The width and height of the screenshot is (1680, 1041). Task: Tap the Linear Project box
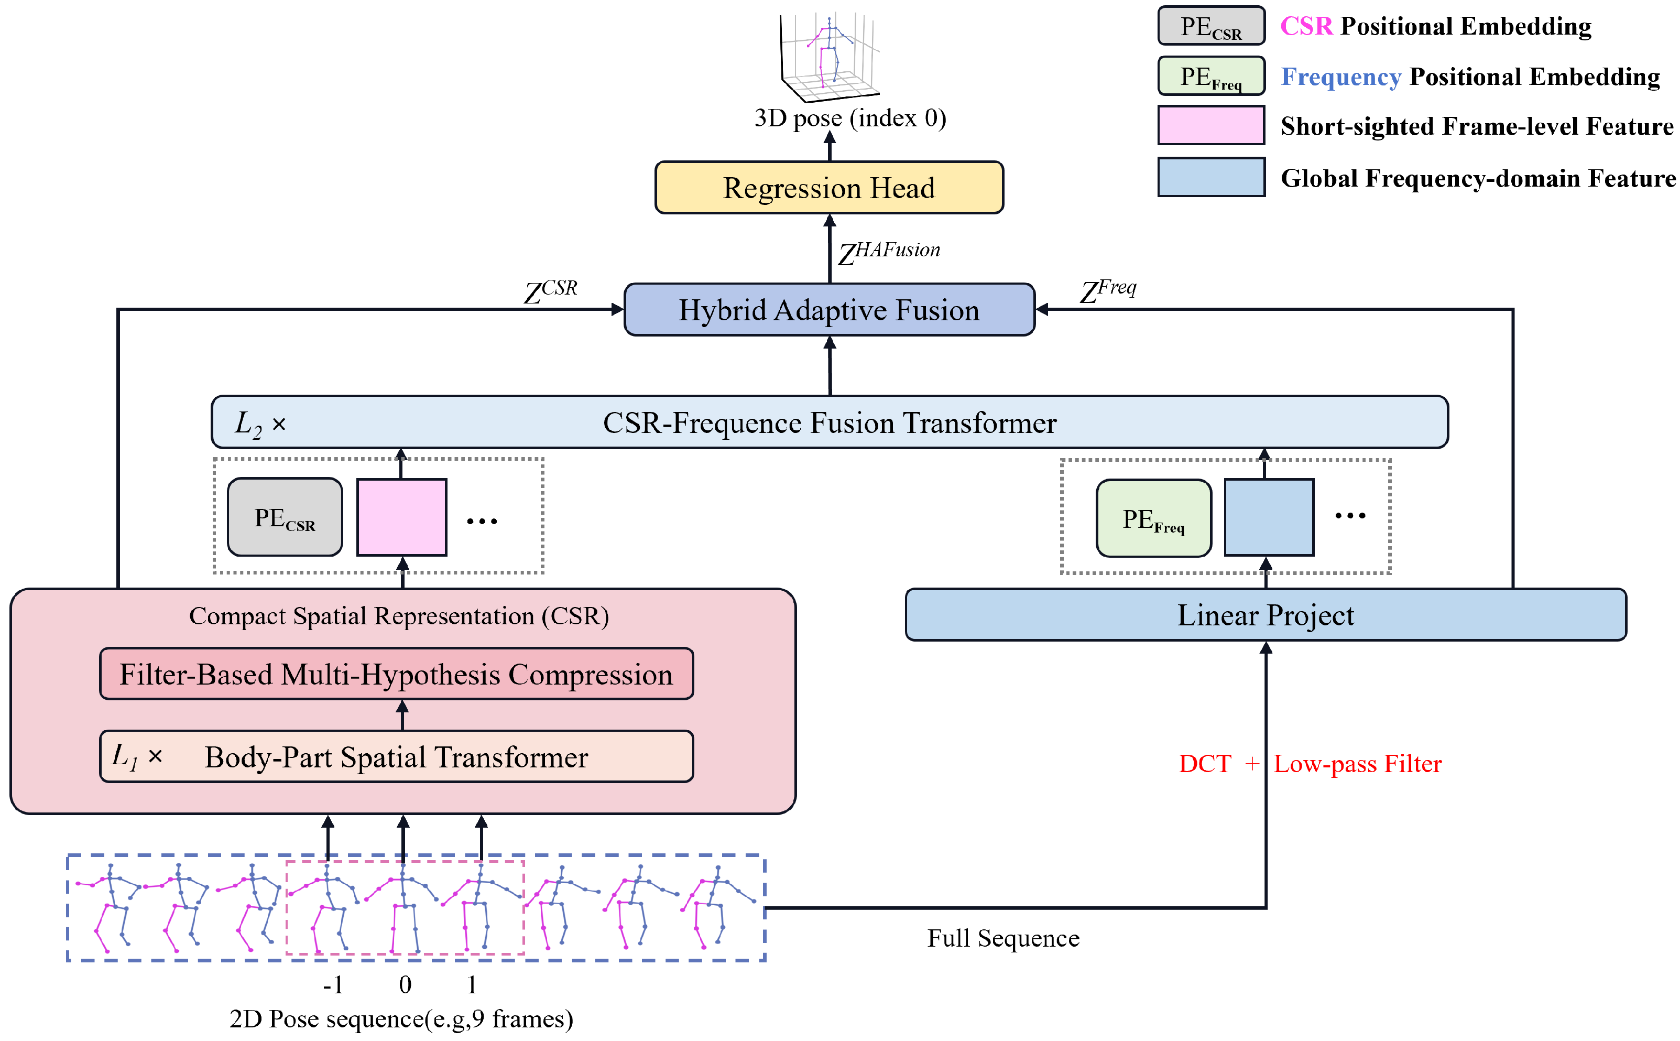coord(1265,615)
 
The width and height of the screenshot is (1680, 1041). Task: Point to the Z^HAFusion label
coord(888,253)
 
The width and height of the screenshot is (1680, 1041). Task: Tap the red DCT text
coord(1204,764)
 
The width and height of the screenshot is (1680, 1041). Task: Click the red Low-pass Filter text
coord(1357,764)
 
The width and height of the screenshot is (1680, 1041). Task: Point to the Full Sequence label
coord(1003,938)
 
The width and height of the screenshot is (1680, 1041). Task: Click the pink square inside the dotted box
coord(401,517)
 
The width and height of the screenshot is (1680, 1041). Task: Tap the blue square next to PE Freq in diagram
coord(1269,517)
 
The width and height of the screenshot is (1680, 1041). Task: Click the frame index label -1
coord(333,984)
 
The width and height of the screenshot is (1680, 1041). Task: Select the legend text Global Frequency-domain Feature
coord(1478,178)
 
